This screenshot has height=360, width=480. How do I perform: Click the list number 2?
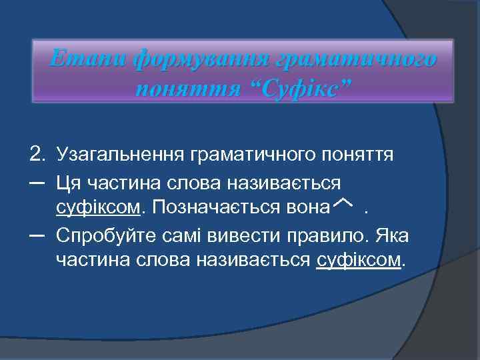tap(37, 155)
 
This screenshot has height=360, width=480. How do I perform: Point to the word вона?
tap(307, 208)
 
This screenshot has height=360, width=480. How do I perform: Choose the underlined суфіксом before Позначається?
tap(99, 208)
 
